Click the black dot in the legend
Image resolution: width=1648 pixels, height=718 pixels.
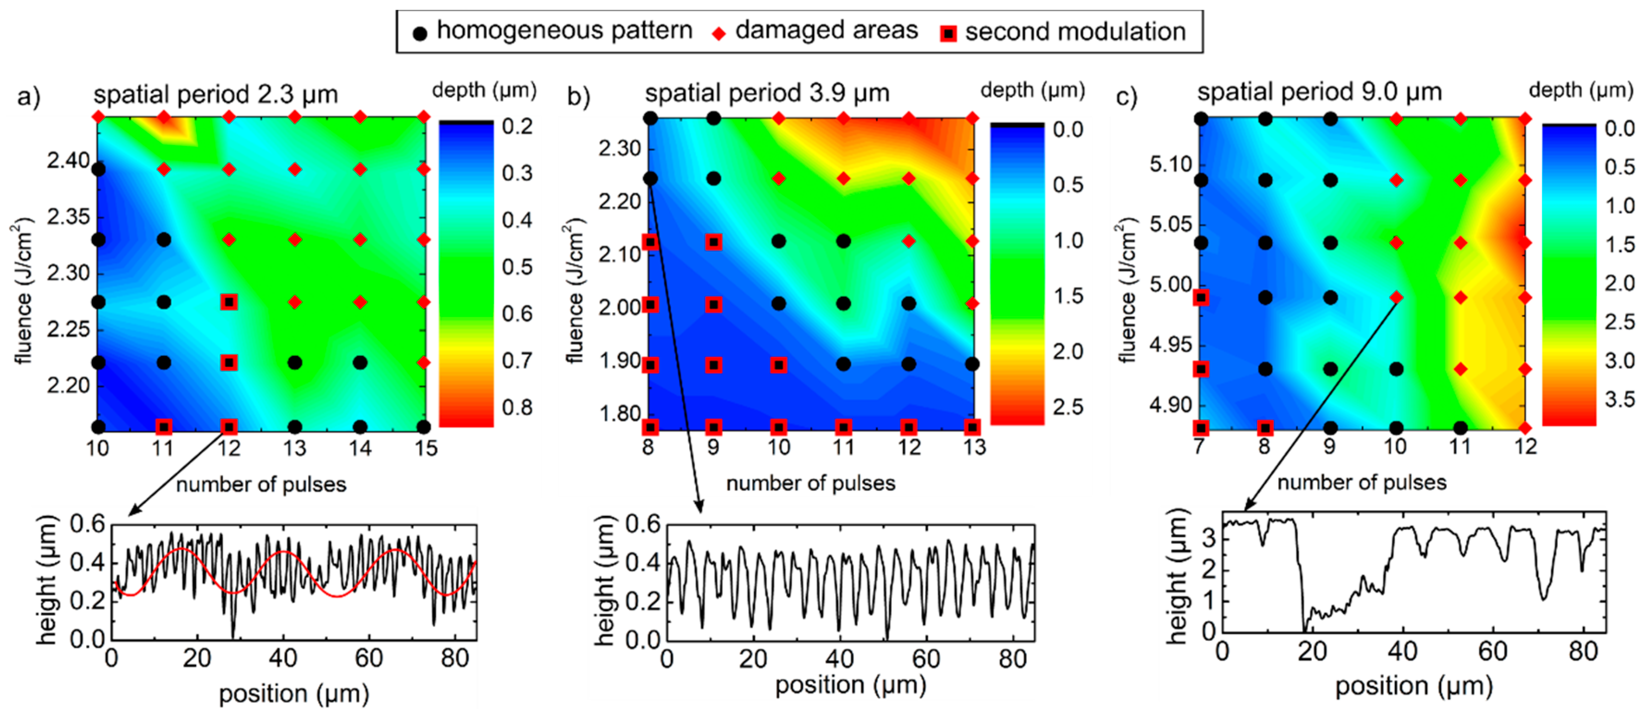point(420,33)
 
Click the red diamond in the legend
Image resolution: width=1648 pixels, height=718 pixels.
point(719,33)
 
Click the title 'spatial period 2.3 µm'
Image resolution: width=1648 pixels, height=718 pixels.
point(215,95)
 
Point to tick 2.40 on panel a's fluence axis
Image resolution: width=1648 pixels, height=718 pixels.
point(68,160)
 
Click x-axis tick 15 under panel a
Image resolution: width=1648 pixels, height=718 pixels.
point(425,448)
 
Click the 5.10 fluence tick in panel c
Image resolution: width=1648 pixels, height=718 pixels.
point(1171,165)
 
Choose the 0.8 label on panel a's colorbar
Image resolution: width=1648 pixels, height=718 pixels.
point(517,407)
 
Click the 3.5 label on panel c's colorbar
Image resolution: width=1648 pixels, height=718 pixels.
point(1619,399)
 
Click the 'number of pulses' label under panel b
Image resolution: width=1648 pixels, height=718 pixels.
point(811,483)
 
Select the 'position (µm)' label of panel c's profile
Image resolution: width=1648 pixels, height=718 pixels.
point(1414,686)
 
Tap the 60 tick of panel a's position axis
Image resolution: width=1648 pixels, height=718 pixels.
point(369,658)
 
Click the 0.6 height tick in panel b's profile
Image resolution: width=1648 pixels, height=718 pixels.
point(642,524)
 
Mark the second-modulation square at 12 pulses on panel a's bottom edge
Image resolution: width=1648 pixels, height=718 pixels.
point(229,427)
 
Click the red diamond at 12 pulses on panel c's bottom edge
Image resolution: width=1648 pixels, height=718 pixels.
point(1525,428)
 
